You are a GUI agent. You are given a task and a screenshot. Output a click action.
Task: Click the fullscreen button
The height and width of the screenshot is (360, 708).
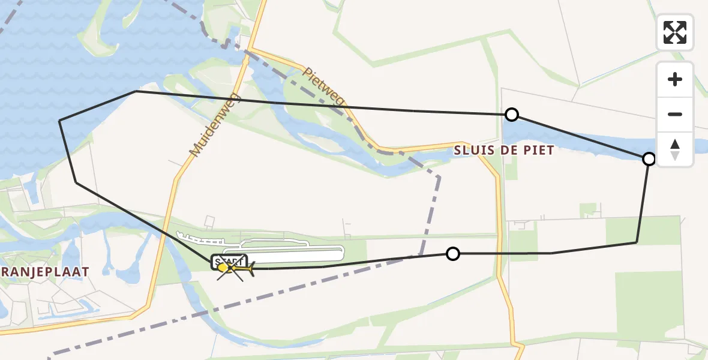[675, 32]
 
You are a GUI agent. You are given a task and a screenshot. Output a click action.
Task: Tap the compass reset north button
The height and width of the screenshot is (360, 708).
[675, 149]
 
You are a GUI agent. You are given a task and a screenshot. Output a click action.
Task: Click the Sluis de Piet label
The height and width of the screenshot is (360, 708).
[504, 151]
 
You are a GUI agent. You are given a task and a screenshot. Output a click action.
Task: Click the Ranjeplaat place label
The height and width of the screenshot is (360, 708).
[45, 272]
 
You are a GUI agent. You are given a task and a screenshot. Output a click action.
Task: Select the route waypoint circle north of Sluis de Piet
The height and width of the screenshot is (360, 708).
[511, 115]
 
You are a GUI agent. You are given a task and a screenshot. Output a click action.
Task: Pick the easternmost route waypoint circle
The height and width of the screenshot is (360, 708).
[649, 159]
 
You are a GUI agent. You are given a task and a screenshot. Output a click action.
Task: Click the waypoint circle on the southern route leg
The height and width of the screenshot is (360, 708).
[453, 254]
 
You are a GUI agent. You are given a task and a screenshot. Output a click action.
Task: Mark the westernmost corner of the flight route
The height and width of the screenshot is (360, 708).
[59, 121]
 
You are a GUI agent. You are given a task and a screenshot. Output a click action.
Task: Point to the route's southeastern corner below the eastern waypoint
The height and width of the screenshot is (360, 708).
[637, 242]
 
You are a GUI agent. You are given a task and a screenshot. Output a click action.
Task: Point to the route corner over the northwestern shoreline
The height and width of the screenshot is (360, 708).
[136, 91]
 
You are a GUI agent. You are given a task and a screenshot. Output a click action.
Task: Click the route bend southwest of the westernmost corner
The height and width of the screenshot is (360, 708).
[76, 182]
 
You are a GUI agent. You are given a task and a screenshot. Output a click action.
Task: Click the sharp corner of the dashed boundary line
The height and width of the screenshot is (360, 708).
[440, 177]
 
